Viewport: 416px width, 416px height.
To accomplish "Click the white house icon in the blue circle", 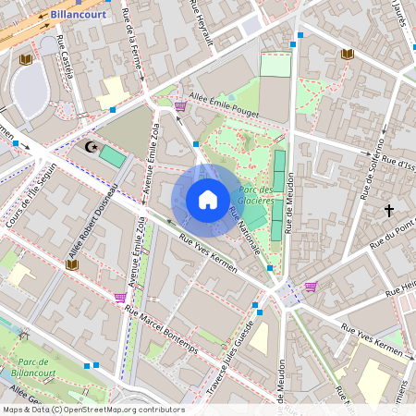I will (x=208, y=199).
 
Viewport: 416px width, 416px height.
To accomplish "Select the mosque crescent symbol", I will (x=90, y=146).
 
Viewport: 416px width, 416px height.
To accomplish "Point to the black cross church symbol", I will (x=390, y=211).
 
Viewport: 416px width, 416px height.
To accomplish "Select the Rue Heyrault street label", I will (x=201, y=20).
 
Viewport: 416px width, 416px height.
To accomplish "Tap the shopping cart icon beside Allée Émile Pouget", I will (x=179, y=107).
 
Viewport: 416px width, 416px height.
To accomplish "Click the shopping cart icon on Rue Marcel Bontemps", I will (x=119, y=297).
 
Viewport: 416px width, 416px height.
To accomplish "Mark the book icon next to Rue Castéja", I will (x=26, y=60).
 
